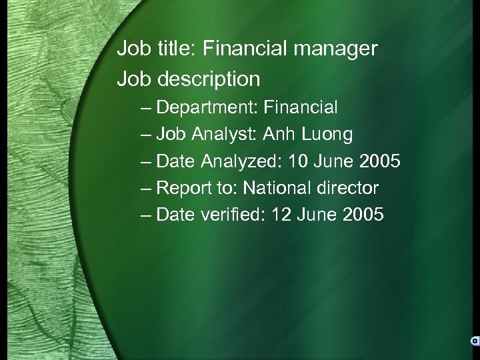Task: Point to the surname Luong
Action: click(x=328, y=135)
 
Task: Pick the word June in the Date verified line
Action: click(x=315, y=215)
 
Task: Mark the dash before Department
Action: click(x=147, y=108)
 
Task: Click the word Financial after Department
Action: click(x=301, y=107)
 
